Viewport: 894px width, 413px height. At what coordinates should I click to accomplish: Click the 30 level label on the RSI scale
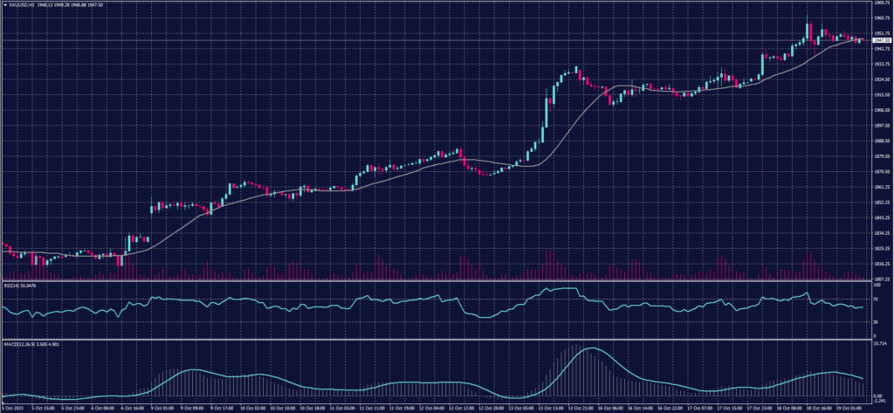(876, 322)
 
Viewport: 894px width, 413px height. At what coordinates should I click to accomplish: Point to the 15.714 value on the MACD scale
(880, 344)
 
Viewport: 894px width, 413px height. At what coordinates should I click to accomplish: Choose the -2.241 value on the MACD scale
(880, 402)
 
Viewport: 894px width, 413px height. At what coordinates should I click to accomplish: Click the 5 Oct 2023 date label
(13, 408)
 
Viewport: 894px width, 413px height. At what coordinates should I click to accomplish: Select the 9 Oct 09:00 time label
(193, 408)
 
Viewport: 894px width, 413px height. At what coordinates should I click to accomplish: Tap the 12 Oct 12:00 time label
(464, 408)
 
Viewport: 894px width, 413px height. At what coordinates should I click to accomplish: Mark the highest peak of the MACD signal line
(591, 348)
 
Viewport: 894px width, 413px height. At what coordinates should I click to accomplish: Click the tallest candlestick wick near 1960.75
(809, 24)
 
